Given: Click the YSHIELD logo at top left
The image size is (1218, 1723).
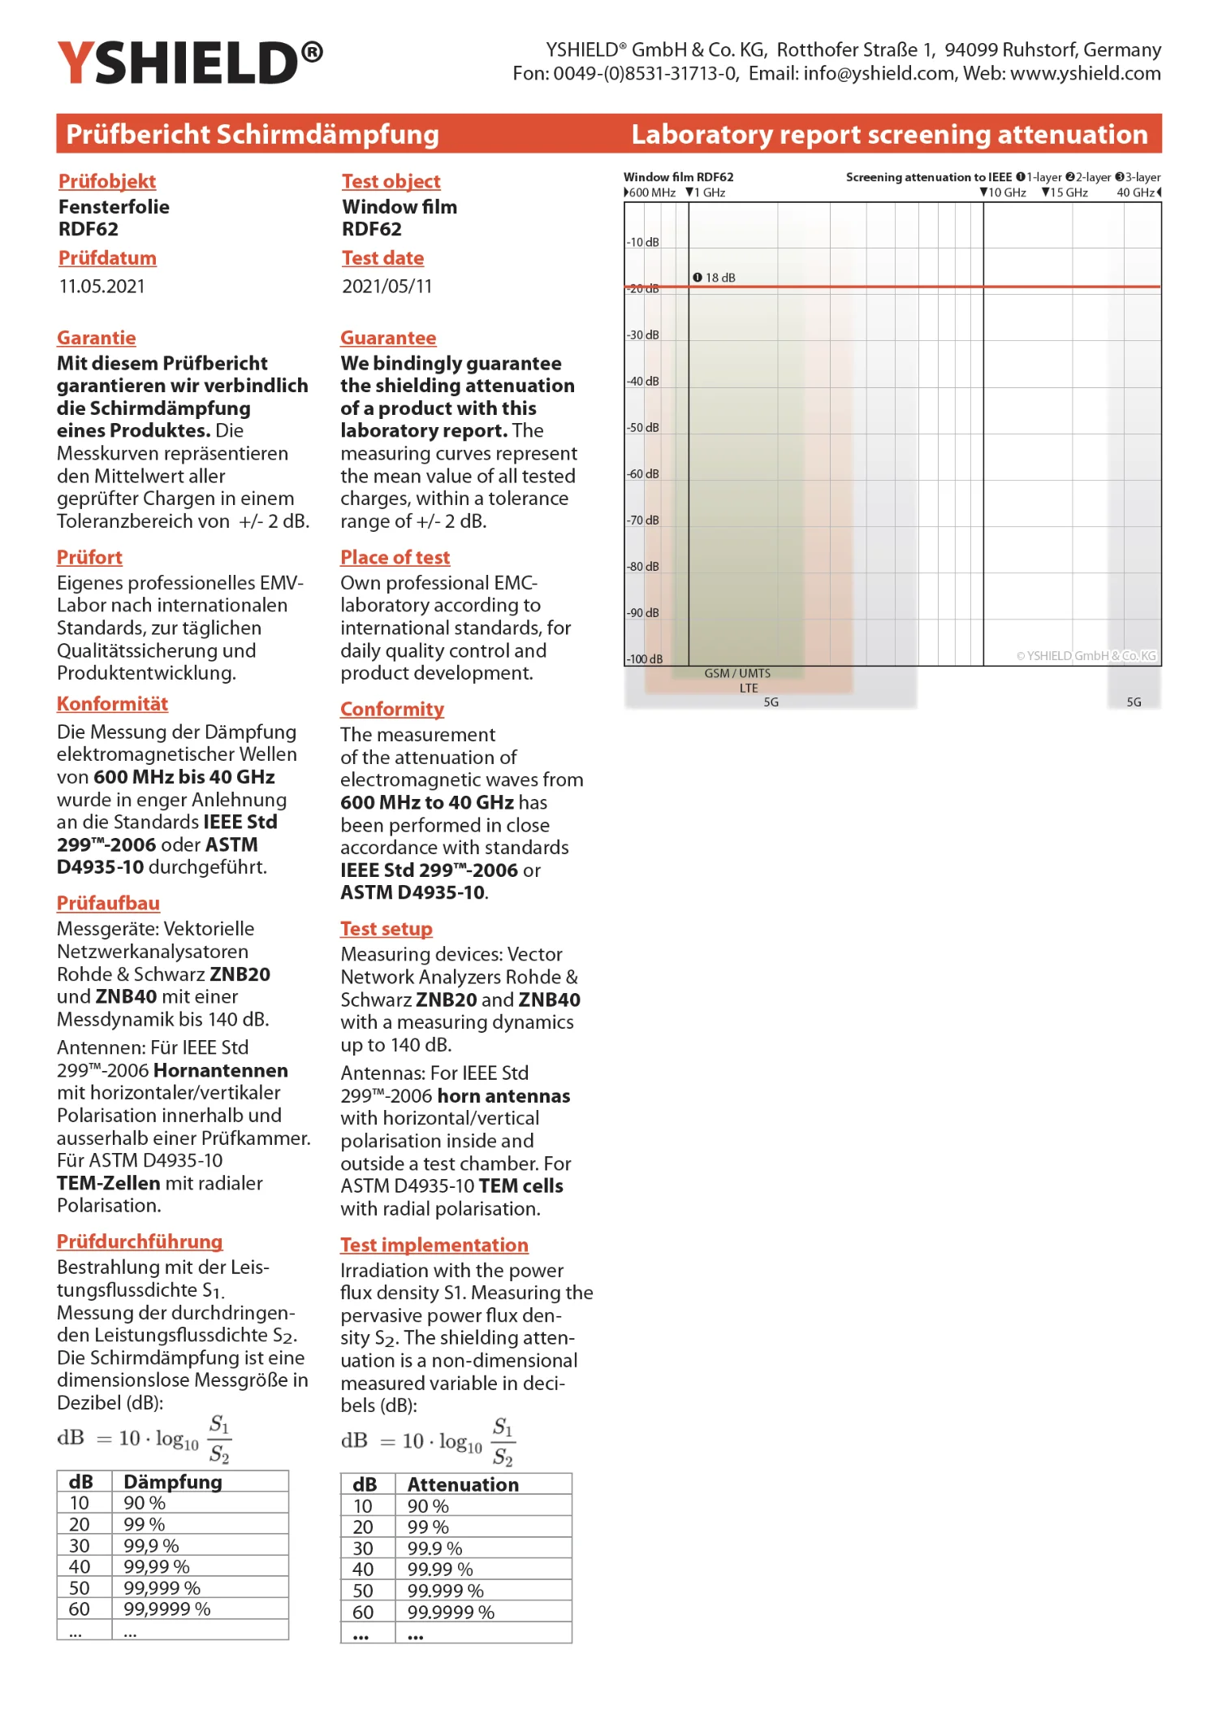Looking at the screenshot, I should tap(189, 63).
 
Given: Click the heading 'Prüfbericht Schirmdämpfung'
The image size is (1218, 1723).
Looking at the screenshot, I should tap(252, 134).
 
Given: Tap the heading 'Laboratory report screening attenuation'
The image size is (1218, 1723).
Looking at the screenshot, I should tap(889, 134).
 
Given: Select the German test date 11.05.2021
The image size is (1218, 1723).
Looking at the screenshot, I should tap(101, 286).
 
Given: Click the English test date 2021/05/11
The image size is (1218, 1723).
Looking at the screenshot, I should tap(387, 286).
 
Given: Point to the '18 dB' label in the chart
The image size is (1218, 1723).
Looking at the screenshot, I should tap(715, 278).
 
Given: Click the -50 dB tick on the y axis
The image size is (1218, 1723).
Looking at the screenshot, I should tap(643, 427).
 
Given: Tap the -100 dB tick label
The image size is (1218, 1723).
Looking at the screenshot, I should tap(645, 659).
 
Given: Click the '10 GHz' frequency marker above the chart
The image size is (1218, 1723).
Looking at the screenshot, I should tap(1004, 192).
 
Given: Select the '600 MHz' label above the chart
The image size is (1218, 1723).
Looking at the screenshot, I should tap(650, 192).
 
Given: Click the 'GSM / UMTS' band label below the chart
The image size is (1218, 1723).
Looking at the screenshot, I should tap(737, 673).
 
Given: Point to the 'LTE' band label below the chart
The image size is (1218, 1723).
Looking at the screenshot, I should tap(749, 688).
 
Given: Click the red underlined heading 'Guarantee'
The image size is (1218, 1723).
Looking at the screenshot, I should tap(388, 338).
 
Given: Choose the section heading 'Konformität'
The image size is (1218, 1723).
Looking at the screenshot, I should tap(112, 704).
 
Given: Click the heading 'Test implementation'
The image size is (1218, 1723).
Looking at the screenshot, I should tap(434, 1245).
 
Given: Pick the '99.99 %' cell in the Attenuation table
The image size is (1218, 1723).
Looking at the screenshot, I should tap(439, 1570).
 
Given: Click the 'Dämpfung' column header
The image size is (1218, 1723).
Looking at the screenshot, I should tap(172, 1482).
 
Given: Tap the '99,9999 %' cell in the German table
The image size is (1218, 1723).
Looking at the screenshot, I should tap(166, 1609).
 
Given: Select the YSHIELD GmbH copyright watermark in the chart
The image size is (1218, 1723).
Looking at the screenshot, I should tap(1086, 655).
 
